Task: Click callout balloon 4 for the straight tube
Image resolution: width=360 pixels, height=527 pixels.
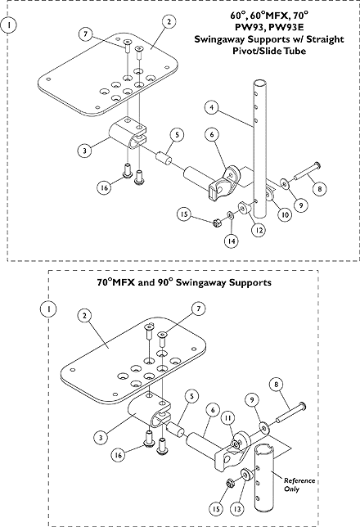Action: [212, 107]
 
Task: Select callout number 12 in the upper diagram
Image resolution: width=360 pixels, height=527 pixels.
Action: [259, 230]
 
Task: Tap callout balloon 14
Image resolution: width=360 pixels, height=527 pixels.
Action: [232, 241]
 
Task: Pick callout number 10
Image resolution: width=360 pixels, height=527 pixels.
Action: [285, 214]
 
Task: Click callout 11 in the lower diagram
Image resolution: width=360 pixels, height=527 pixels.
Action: [228, 418]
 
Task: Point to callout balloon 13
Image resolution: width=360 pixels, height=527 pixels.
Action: [237, 509]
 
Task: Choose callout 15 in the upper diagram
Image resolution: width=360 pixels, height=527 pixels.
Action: [184, 214]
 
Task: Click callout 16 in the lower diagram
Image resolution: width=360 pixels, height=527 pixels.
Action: [119, 455]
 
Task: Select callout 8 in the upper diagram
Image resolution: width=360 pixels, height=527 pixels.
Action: [319, 189]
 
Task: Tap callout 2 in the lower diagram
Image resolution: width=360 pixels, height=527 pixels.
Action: [84, 316]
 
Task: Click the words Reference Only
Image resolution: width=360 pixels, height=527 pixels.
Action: [299, 484]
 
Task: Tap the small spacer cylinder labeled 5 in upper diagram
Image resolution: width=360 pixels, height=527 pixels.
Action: [164, 157]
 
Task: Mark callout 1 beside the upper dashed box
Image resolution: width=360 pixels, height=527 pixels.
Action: [9, 25]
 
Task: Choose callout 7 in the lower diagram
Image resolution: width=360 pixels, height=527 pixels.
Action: [198, 309]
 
